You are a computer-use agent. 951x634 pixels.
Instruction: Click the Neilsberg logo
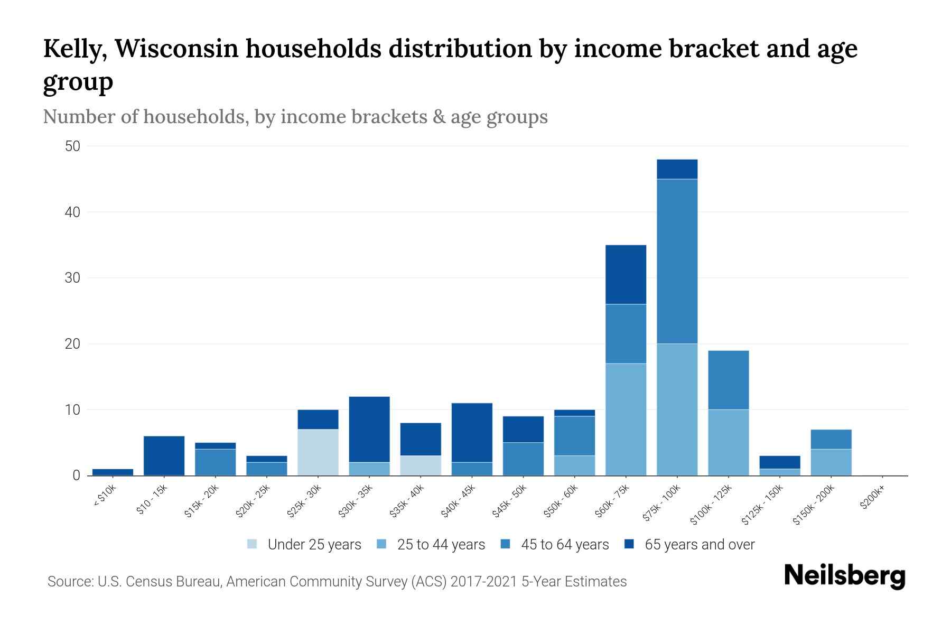[844, 576]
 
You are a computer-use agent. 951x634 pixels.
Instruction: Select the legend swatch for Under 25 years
[253, 544]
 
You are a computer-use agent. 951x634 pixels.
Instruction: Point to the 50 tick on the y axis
[72, 146]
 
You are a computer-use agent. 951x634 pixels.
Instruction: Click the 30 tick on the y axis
[72, 278]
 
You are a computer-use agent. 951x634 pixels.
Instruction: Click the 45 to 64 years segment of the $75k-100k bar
[677, 262]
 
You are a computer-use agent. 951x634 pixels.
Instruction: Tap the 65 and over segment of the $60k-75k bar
[626, 275]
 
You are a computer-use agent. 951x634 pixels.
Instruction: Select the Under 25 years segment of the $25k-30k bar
[318, 452]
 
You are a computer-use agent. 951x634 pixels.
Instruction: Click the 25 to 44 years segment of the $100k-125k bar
[728, 443]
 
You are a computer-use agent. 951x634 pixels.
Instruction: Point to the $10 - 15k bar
[164, 455]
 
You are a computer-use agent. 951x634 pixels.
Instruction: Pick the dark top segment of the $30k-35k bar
[369, 429]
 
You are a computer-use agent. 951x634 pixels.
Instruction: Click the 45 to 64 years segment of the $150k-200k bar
[831, 439]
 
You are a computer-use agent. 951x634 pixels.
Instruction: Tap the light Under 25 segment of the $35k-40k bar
[421, 465]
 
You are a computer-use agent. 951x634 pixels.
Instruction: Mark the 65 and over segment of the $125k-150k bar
[780, 462]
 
